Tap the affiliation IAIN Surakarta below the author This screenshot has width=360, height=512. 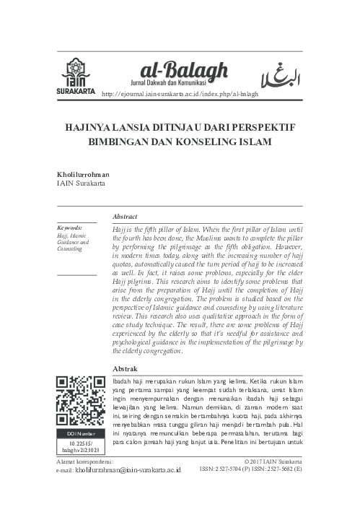point(82,184)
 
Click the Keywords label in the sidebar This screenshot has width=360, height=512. point(69,227)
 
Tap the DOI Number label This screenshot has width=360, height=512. point(79,433)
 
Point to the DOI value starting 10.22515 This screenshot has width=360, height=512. point(79,447)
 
